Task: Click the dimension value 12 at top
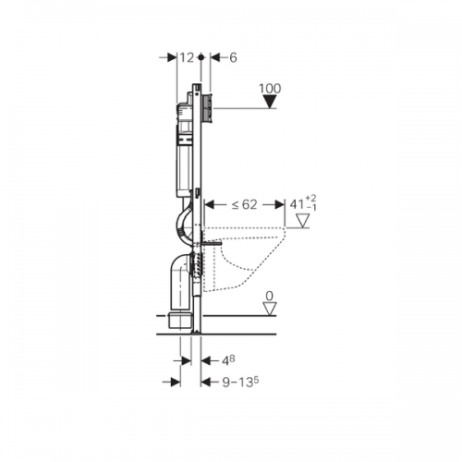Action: [x=187, y=57]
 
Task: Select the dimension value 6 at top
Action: [x=233, y=57]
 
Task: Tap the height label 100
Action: [x=270, y=89]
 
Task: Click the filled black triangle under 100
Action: [x=271, y=102]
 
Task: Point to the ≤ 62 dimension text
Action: [x=244, y=204]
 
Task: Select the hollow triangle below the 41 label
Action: [x=302, y=221]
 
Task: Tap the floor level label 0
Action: [x=270, y=296]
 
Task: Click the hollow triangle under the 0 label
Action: [x=270, y=309]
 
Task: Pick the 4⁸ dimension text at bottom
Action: [x=228, y=360]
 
